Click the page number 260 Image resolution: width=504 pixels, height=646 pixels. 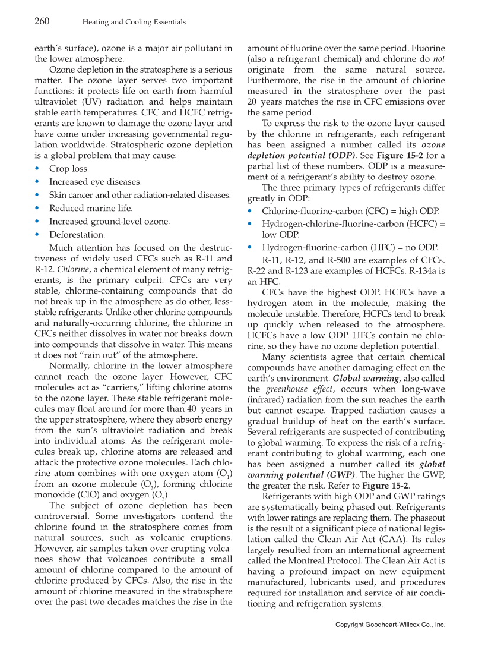point(41,21)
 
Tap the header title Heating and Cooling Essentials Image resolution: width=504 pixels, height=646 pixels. point(134,22)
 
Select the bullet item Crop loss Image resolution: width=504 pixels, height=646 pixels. point(69,169)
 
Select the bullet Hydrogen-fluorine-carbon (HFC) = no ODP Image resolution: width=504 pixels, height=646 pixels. point(350,247)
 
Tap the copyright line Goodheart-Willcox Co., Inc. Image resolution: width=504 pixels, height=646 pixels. point(390,625)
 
